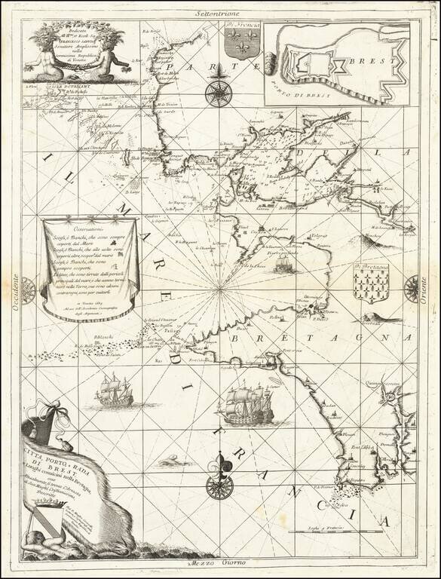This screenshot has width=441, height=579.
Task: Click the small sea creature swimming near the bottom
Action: (x=166, y=459)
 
